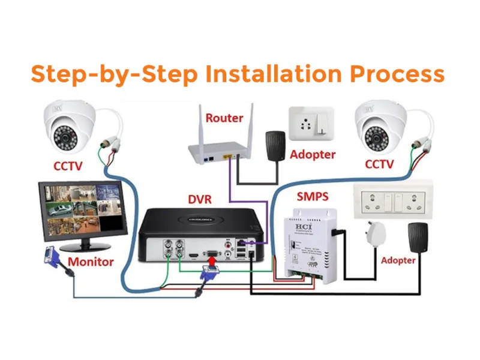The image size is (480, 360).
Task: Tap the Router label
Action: tap(224, 118)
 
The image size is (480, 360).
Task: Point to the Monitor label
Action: tap(91, 262)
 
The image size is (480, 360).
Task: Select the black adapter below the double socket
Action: tap(417, 238)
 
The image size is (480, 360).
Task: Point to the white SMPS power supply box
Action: tap(309, 243)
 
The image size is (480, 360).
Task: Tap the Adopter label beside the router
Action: tap(313, 154)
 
